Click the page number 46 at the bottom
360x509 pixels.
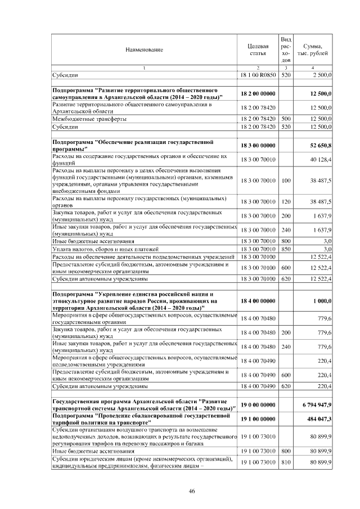click(191, 491)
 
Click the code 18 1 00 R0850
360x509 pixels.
click(258, 74)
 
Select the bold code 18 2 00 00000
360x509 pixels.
click(258, 93)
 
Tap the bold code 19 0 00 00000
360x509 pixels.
click(258, 404)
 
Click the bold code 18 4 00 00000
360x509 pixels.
click(258, 301)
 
